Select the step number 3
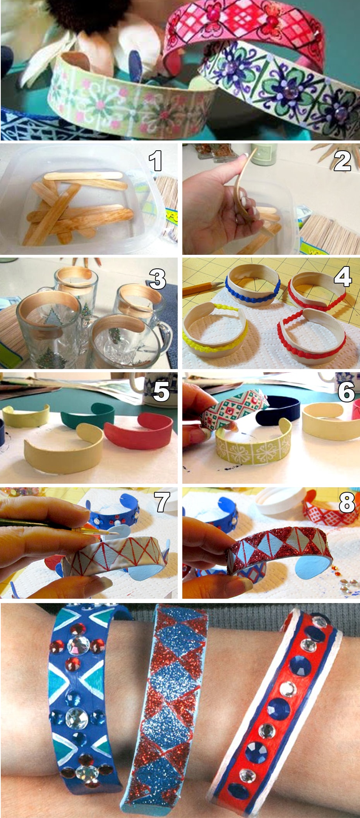click(x=158, y=278)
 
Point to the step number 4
click(x=343, y=277)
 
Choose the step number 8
click(x=346, y=503)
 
